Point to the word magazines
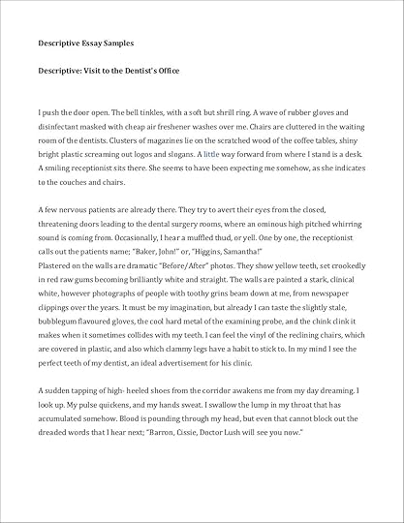click(137, 140)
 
